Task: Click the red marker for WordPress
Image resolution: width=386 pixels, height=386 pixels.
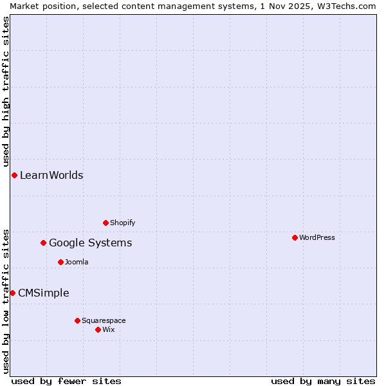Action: pos(295,237)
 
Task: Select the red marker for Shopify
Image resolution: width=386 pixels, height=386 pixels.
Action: pos(106,223)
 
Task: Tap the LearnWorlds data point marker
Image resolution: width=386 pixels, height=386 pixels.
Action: pos(14,175)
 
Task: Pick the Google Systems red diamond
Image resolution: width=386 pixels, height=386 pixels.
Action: pos(43,243)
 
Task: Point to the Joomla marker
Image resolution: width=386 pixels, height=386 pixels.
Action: pos(60,262)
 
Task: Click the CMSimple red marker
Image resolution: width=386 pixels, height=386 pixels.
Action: pos(12,293)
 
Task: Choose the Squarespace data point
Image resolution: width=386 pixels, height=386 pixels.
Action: pos(77,320)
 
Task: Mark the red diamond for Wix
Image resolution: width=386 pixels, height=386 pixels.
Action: pos(98,329)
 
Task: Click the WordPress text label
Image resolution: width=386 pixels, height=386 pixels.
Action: pos(317,237)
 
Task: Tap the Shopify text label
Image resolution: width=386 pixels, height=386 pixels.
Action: pos(122,223)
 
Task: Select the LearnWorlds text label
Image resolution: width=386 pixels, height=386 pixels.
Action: pos(51,175)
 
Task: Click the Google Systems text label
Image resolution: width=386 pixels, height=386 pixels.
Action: pos(91,243)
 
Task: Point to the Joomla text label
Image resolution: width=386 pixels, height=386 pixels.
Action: pos(77,262)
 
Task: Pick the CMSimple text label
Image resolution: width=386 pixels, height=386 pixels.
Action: pos(44,293)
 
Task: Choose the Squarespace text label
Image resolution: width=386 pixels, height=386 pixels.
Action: pos(104,320)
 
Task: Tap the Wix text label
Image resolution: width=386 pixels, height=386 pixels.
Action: pos(108,329)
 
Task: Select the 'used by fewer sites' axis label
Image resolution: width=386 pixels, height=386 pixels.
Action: pos(66,381)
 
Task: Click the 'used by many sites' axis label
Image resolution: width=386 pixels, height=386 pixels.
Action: pos(323,381)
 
